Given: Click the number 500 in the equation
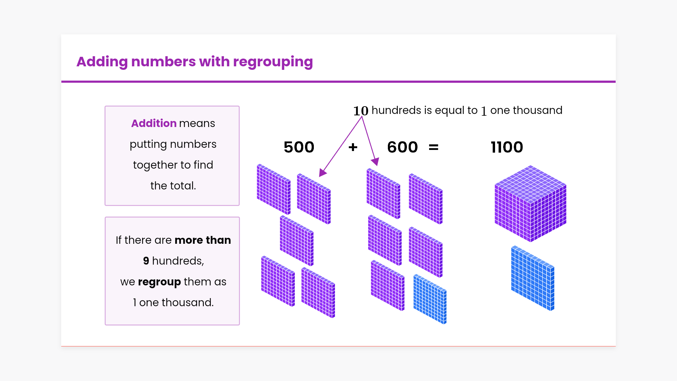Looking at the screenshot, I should coord(299,147).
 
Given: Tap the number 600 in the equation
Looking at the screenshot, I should coord(402,147).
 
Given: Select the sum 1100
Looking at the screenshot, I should coord(507,147).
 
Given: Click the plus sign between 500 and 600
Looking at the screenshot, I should coord(353,147).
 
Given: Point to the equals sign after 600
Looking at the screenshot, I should coord(433,147).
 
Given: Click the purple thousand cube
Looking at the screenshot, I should coord(530,204).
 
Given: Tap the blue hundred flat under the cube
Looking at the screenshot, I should coord(532,278).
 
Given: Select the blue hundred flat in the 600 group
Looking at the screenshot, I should coord(430,299).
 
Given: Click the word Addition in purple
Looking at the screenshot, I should coord(154,123).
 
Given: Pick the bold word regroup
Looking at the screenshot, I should coord(159,282).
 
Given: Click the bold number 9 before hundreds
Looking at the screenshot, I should coord(146,261).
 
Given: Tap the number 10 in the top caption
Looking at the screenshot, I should coord(361,111).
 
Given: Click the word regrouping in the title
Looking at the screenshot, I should coord(273,62).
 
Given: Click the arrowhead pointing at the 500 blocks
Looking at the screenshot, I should coord(322,173).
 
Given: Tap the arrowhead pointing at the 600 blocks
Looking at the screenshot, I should coord(376,162).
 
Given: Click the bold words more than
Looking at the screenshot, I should coord(202,240).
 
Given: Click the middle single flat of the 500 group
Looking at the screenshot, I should coord(297,241).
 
